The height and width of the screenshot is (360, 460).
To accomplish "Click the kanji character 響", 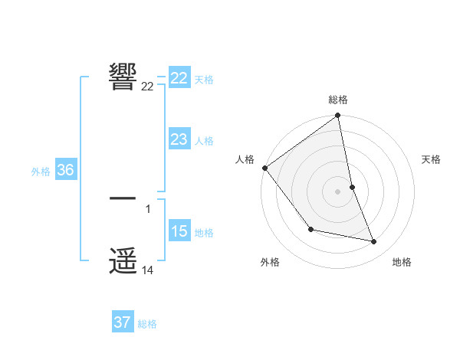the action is (x=123, y=77).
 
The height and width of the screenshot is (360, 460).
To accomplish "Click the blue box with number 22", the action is (x=179, y=78).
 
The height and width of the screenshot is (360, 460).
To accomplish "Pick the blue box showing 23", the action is (x=179, y=139).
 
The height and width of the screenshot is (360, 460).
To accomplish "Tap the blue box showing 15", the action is (x=179, y=231).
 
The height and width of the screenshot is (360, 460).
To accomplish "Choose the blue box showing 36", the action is (x=65, y=170).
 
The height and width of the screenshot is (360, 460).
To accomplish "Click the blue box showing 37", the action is (x=123, y=322).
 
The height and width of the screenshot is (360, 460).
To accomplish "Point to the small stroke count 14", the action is (x=148, y=270).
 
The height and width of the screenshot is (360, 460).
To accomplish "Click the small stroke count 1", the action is (x=148, y=208).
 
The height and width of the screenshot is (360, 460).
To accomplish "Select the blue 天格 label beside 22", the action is (x=204, y=80).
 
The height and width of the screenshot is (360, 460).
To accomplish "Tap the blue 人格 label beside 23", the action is (x=204, y=141).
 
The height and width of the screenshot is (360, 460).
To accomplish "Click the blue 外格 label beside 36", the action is (x=41, y=172).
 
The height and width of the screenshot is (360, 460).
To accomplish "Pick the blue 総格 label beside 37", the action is (x=147, y=324).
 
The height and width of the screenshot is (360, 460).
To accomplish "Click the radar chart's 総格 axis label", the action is (x=338, y=100).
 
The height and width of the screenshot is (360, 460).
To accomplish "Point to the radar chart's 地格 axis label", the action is (x=402, y=262).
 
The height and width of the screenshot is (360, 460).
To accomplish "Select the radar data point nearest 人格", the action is (x=265, y=168).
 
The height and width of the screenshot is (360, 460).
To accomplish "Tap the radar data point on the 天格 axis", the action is (x=352, y=186).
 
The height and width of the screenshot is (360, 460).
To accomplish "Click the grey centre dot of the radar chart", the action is (x=338, y=191).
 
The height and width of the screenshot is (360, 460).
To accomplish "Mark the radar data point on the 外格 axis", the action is (x=310, y=229).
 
